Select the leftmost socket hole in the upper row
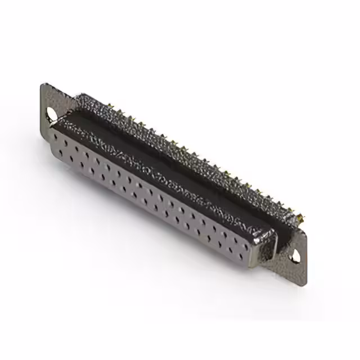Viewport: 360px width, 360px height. (x=60, y=138)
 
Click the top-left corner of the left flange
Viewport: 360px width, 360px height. (x=43, y=85)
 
